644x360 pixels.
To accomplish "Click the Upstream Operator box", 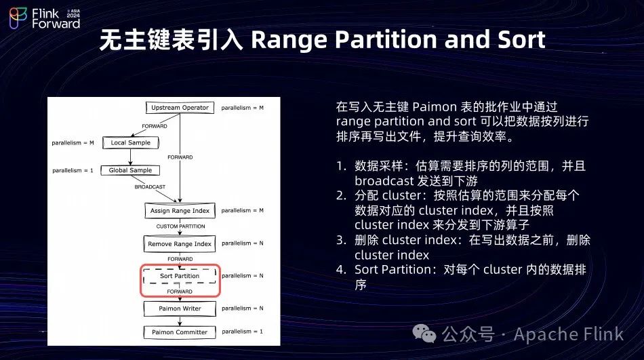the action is point(180,107).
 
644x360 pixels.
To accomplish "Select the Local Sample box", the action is point(130,142).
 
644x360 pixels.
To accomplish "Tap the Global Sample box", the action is point(130,170).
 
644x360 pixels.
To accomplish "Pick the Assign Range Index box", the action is point(180,211).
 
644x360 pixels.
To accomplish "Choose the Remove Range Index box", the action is point(180,244).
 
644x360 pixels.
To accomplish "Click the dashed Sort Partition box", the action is point(180,276).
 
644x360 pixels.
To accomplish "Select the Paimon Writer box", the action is point(180,308).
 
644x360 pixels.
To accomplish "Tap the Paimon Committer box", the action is point(180,332).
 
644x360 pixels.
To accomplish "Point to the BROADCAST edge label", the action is point(149,186).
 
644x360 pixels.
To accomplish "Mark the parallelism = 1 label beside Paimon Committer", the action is point(243,332).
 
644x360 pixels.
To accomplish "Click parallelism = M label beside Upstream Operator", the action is point(243,107).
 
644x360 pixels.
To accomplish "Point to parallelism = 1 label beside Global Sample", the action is point(73,170).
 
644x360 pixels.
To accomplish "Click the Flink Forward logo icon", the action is point(18,18).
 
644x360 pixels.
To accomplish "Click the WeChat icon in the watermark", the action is point(426,334).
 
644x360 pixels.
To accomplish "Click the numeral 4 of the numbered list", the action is point(340,270).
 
